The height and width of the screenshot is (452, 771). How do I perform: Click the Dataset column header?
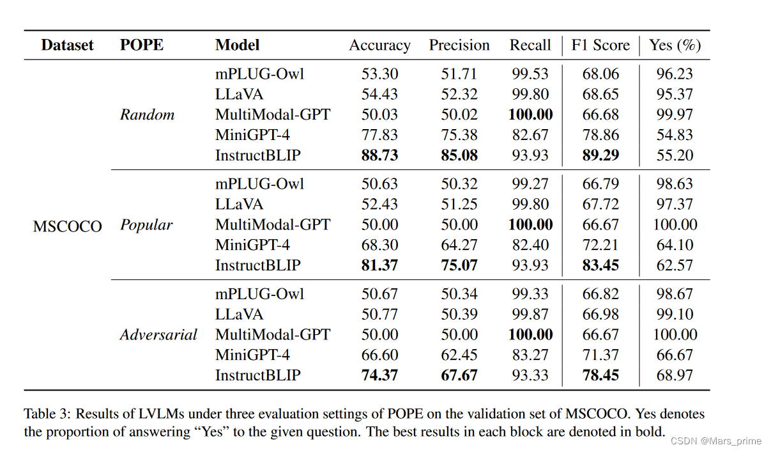click(x=67, y=45)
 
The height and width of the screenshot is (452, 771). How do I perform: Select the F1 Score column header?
click(x=600, y=45)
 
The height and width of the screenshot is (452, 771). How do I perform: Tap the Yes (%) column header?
click(x=675, y=45)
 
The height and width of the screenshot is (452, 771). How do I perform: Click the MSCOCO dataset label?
click(x=67, y=226)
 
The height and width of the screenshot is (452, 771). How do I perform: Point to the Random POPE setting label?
click(x=147, y=115)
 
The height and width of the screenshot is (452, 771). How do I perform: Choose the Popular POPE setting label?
click(x=146, y=225)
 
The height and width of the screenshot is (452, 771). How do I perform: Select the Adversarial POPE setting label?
click(x=158, y=335)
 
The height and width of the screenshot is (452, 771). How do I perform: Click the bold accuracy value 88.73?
click(x=379, y=155)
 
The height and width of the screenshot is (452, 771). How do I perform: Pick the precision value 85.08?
click(x=459, y=155)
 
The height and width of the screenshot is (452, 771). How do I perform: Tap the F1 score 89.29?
click(x=600, y=155)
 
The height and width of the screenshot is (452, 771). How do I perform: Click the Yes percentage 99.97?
click(x=675, y=115)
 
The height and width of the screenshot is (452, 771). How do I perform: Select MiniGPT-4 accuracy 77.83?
click(x=379, y=135)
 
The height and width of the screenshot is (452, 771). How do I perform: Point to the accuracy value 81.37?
click(x=379, y=265)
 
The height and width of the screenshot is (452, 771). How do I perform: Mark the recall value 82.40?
click(x=530, y=245)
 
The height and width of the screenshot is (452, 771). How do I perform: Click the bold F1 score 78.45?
click(x=600, y=375)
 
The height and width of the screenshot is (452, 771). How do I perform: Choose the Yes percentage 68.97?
click(x=675, y=375)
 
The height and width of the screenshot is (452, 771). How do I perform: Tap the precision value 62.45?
click(x=459, y=355)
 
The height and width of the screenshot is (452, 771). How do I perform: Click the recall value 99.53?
click(x=530, y=74)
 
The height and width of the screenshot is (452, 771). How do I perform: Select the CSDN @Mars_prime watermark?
click(x=720, y=440)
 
